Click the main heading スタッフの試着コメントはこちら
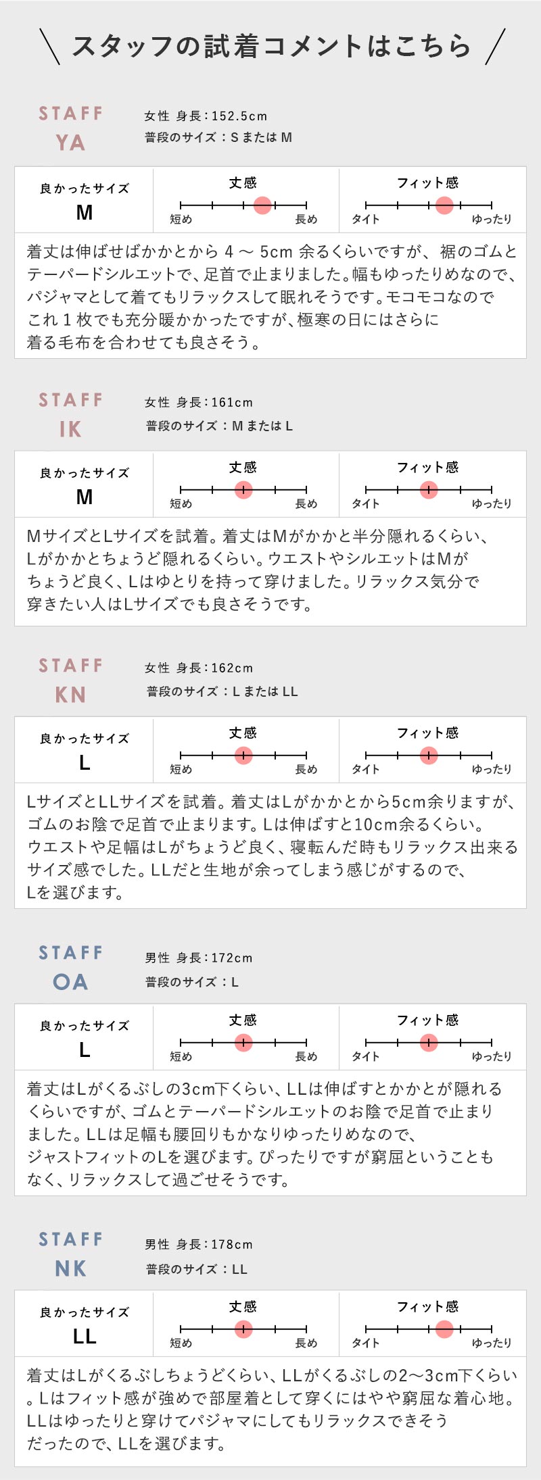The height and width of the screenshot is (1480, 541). [x=271, y=46]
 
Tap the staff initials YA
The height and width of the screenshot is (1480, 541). [x=70, y=143]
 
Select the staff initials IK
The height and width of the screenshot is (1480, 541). [x=70, y=429]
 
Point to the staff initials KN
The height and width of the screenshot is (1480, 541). [x=70, y=695]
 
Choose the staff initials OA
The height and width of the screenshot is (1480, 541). [x=70, y=982]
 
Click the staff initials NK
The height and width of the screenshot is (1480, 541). [x=70, y=1268]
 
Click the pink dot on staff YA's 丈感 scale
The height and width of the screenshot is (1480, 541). [x=262, y=205]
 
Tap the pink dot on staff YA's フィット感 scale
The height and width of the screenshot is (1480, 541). [x=444, y=205]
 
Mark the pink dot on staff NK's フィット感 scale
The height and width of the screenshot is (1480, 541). [x=444, y=1329]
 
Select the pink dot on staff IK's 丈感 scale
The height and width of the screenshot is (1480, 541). [x=243, y=489]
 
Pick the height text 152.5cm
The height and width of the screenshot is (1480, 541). [x=239, y=116]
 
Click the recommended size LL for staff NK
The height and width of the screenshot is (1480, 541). [x=85, y=1336]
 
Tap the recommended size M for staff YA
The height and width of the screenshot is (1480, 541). [x=85, y=212]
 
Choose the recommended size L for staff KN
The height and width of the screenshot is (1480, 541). [x=85, y=762]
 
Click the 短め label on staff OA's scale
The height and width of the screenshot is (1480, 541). [x=181, y=1056]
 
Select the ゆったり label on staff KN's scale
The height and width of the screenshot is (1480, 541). [x=492, y=769]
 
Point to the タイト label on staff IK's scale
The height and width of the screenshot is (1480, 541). [x=366, y=503]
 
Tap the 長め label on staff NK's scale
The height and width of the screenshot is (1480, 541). [x=306, y=1343]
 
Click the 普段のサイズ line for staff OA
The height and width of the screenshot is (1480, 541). [x=192, y=982]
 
